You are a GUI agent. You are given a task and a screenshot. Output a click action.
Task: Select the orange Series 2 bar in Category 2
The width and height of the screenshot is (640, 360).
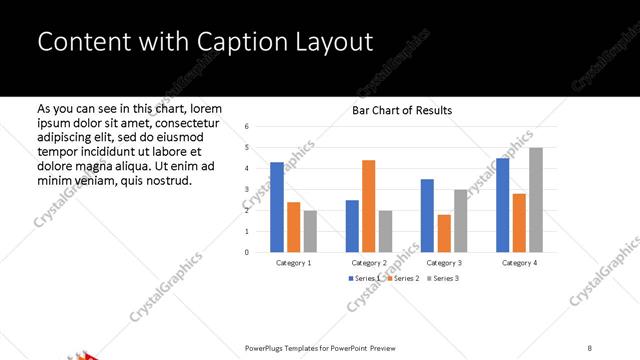point(369,206)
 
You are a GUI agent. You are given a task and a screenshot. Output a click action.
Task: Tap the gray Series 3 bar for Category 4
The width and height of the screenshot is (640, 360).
point(536,200)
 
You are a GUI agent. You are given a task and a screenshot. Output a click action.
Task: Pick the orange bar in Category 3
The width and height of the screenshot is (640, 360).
point(444,233)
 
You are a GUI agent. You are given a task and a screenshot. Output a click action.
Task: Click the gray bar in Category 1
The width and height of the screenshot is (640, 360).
point(310,231)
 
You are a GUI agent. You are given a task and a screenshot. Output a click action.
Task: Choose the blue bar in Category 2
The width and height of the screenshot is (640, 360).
point(352,226)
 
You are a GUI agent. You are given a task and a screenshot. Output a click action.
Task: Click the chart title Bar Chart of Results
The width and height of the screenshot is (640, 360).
point(402,110)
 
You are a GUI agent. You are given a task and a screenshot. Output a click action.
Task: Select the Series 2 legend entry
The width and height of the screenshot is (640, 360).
point(402,277)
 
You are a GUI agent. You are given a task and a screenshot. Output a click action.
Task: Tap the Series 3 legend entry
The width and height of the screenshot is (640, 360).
point(442,277)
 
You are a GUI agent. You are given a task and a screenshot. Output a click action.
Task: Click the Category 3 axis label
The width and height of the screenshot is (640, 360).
point(443,262)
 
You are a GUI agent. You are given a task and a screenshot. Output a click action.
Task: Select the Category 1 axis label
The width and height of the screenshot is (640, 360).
point(293,262)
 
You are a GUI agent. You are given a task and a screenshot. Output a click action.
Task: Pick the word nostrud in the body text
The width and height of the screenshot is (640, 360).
point(165,181)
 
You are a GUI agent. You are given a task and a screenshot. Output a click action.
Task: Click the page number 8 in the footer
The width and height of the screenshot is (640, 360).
point(590,347)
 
